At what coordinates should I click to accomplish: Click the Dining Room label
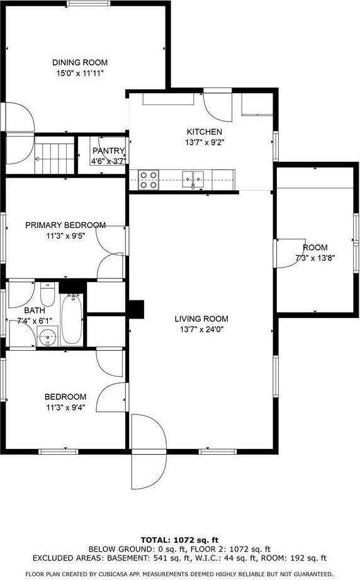pos(79,62)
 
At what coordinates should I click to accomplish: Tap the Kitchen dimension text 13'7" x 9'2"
pos(205,142)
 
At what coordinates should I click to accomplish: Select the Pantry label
pos(108,151)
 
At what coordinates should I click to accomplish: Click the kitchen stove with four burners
pos(148,179)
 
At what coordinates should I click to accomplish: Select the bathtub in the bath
pos(72,319)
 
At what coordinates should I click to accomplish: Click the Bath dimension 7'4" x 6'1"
pos(35,321)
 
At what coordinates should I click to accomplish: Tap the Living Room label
pos(201,319)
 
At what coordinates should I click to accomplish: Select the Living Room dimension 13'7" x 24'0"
pos(201,329)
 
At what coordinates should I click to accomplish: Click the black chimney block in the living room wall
pos(136,309)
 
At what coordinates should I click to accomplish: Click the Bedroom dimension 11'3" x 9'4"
pos(65,407)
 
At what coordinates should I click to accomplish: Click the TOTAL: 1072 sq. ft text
pos(179,540)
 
